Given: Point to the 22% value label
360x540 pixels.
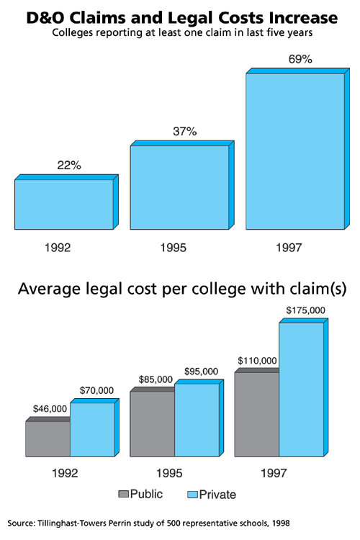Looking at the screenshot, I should pyautogui.click(x=69, y=166).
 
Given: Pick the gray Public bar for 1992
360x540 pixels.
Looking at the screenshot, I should pyautogui.click(x=48, y=438).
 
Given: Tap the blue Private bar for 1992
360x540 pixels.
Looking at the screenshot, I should pyautogui.click(x=91, y=429).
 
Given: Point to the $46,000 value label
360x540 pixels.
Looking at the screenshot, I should pyautogui.click(x=50, y=409).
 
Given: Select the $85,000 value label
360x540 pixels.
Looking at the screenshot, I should pyautogui.click(x=154, y=379).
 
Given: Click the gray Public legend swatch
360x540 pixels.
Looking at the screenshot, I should pyautogui.click(x=124, y=495).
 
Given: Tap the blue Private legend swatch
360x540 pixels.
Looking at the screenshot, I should pyautogui.click(x=193, y=495).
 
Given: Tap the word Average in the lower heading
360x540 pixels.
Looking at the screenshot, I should pyautogui.click(x=49, y=289).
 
